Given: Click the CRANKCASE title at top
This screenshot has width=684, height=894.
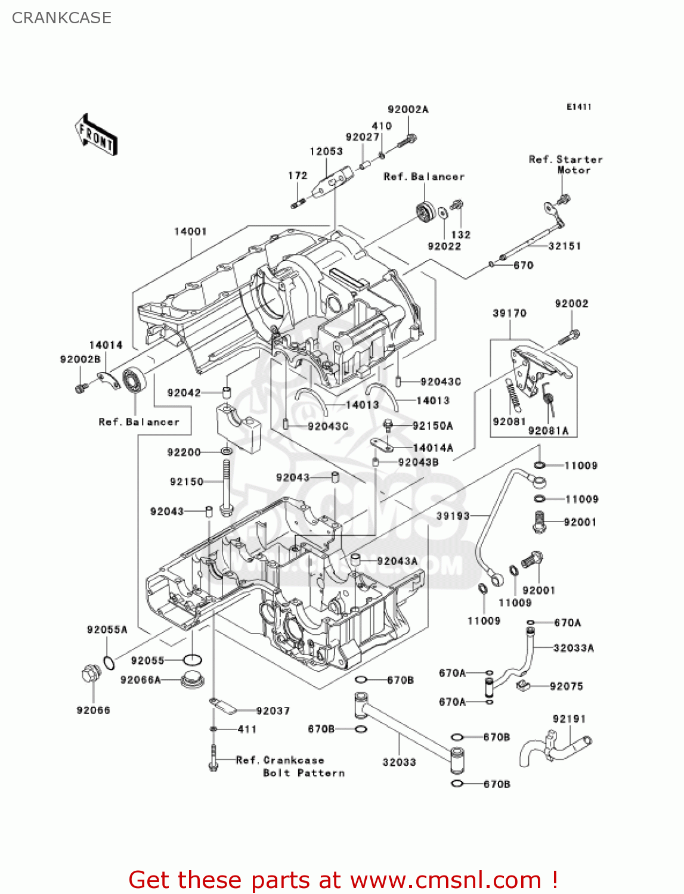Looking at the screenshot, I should pos(61,18).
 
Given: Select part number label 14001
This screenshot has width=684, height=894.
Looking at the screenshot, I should pos(190,231).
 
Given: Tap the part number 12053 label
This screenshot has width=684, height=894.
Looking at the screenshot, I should pos(326,151).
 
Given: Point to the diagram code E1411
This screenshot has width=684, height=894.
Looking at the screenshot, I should pos(578,107).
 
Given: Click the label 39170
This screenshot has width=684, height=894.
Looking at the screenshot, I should pos(509,313).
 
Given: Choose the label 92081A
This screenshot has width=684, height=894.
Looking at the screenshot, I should pos(548,431).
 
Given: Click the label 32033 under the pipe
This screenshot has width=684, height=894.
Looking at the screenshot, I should pos(399,762).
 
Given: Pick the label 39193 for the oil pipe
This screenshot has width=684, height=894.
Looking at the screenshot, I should pos(453,516).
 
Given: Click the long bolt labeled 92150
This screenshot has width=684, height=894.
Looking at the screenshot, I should pos(226,486).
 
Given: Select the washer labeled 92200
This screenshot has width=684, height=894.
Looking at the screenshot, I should pos(227,452).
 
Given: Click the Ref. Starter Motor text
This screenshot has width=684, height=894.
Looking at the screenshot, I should pos(565,164).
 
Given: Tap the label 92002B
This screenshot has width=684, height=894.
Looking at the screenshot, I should pos(81,359).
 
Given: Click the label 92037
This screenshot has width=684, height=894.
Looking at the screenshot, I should pos(273,711).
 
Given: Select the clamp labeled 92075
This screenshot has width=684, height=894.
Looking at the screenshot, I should pos(523,686).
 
